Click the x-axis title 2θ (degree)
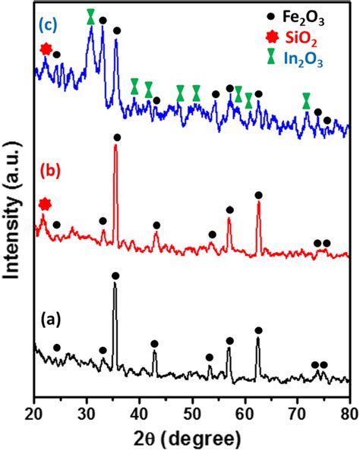point(191,438)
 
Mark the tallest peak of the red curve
point(115,147)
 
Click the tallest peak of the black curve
point(115,285)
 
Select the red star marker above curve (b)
point(45,203)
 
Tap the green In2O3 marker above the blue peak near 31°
point(91,16)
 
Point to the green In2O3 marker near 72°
point(306,100)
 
